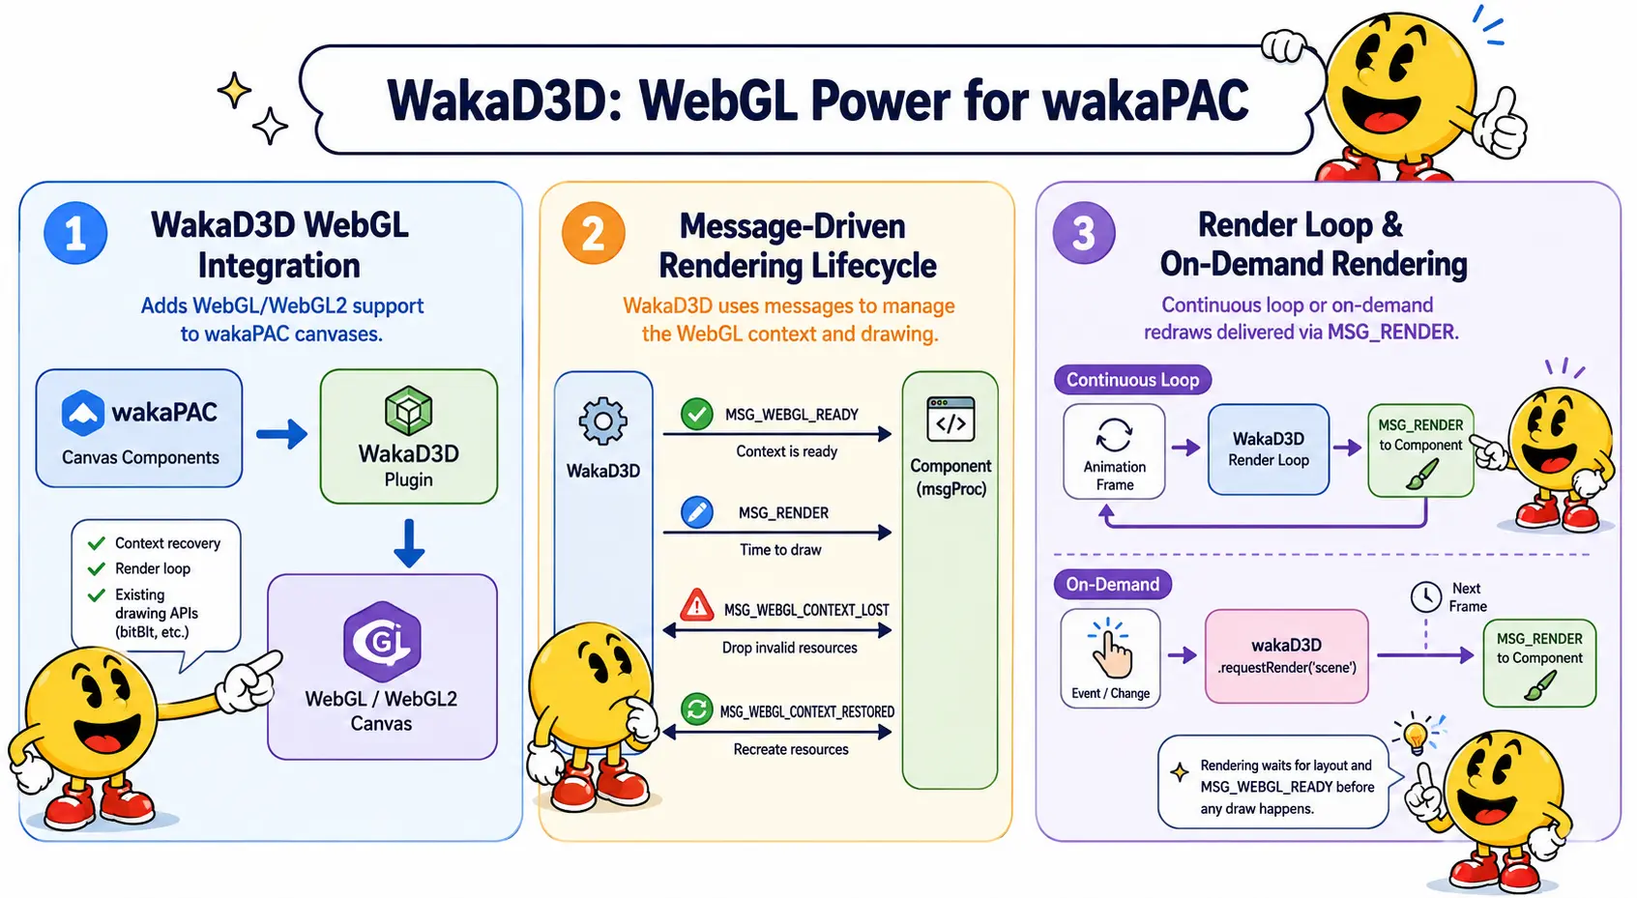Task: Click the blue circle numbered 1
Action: tap(75, 233)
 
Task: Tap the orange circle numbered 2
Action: tap(594, 233)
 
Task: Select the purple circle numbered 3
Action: tap(1084, 233)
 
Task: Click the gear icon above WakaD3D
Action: tap(603, 420)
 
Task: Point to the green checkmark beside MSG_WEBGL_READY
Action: tap(697, 415)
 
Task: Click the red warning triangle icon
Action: tap(697, 606)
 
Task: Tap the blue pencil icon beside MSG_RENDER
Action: tap(697, 512)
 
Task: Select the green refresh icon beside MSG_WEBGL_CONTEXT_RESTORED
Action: tap(697, 710)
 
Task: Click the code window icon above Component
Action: tap(950, 420)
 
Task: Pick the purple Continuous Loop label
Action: tap(1132, 380)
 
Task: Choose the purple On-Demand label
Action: tap(1112, 585)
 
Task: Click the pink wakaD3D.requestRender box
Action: tap(1287, 656)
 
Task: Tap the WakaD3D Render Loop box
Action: tap(1269, 449)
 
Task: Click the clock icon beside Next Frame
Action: tap(1426, 597)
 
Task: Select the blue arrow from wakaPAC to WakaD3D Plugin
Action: tap(282, 434)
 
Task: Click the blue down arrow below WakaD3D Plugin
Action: tap(409, 543)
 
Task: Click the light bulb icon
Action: tap(1417, 735)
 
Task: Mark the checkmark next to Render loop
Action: tap(96, 569)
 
